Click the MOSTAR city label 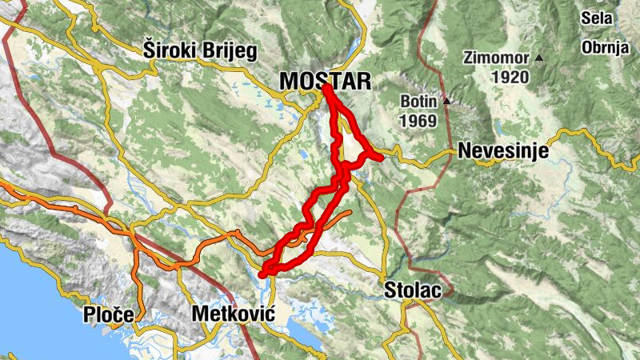pyautogui.click(x=326, y=81)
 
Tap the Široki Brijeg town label pyautogui.click(x=200, y=51)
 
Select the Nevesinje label pyautogui.click(x=502, y=151)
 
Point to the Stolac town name pyautogui.click(x=412, y=290)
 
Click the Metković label pyautogui.click(x=233, y=314)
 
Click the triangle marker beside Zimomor pyautogui.click(x=540, y=58)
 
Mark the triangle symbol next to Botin pyautogui.click(x=446, y=102)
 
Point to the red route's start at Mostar pyautogui.click(x=326, y=88)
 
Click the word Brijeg pyautogui.click(x=230, y=52)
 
